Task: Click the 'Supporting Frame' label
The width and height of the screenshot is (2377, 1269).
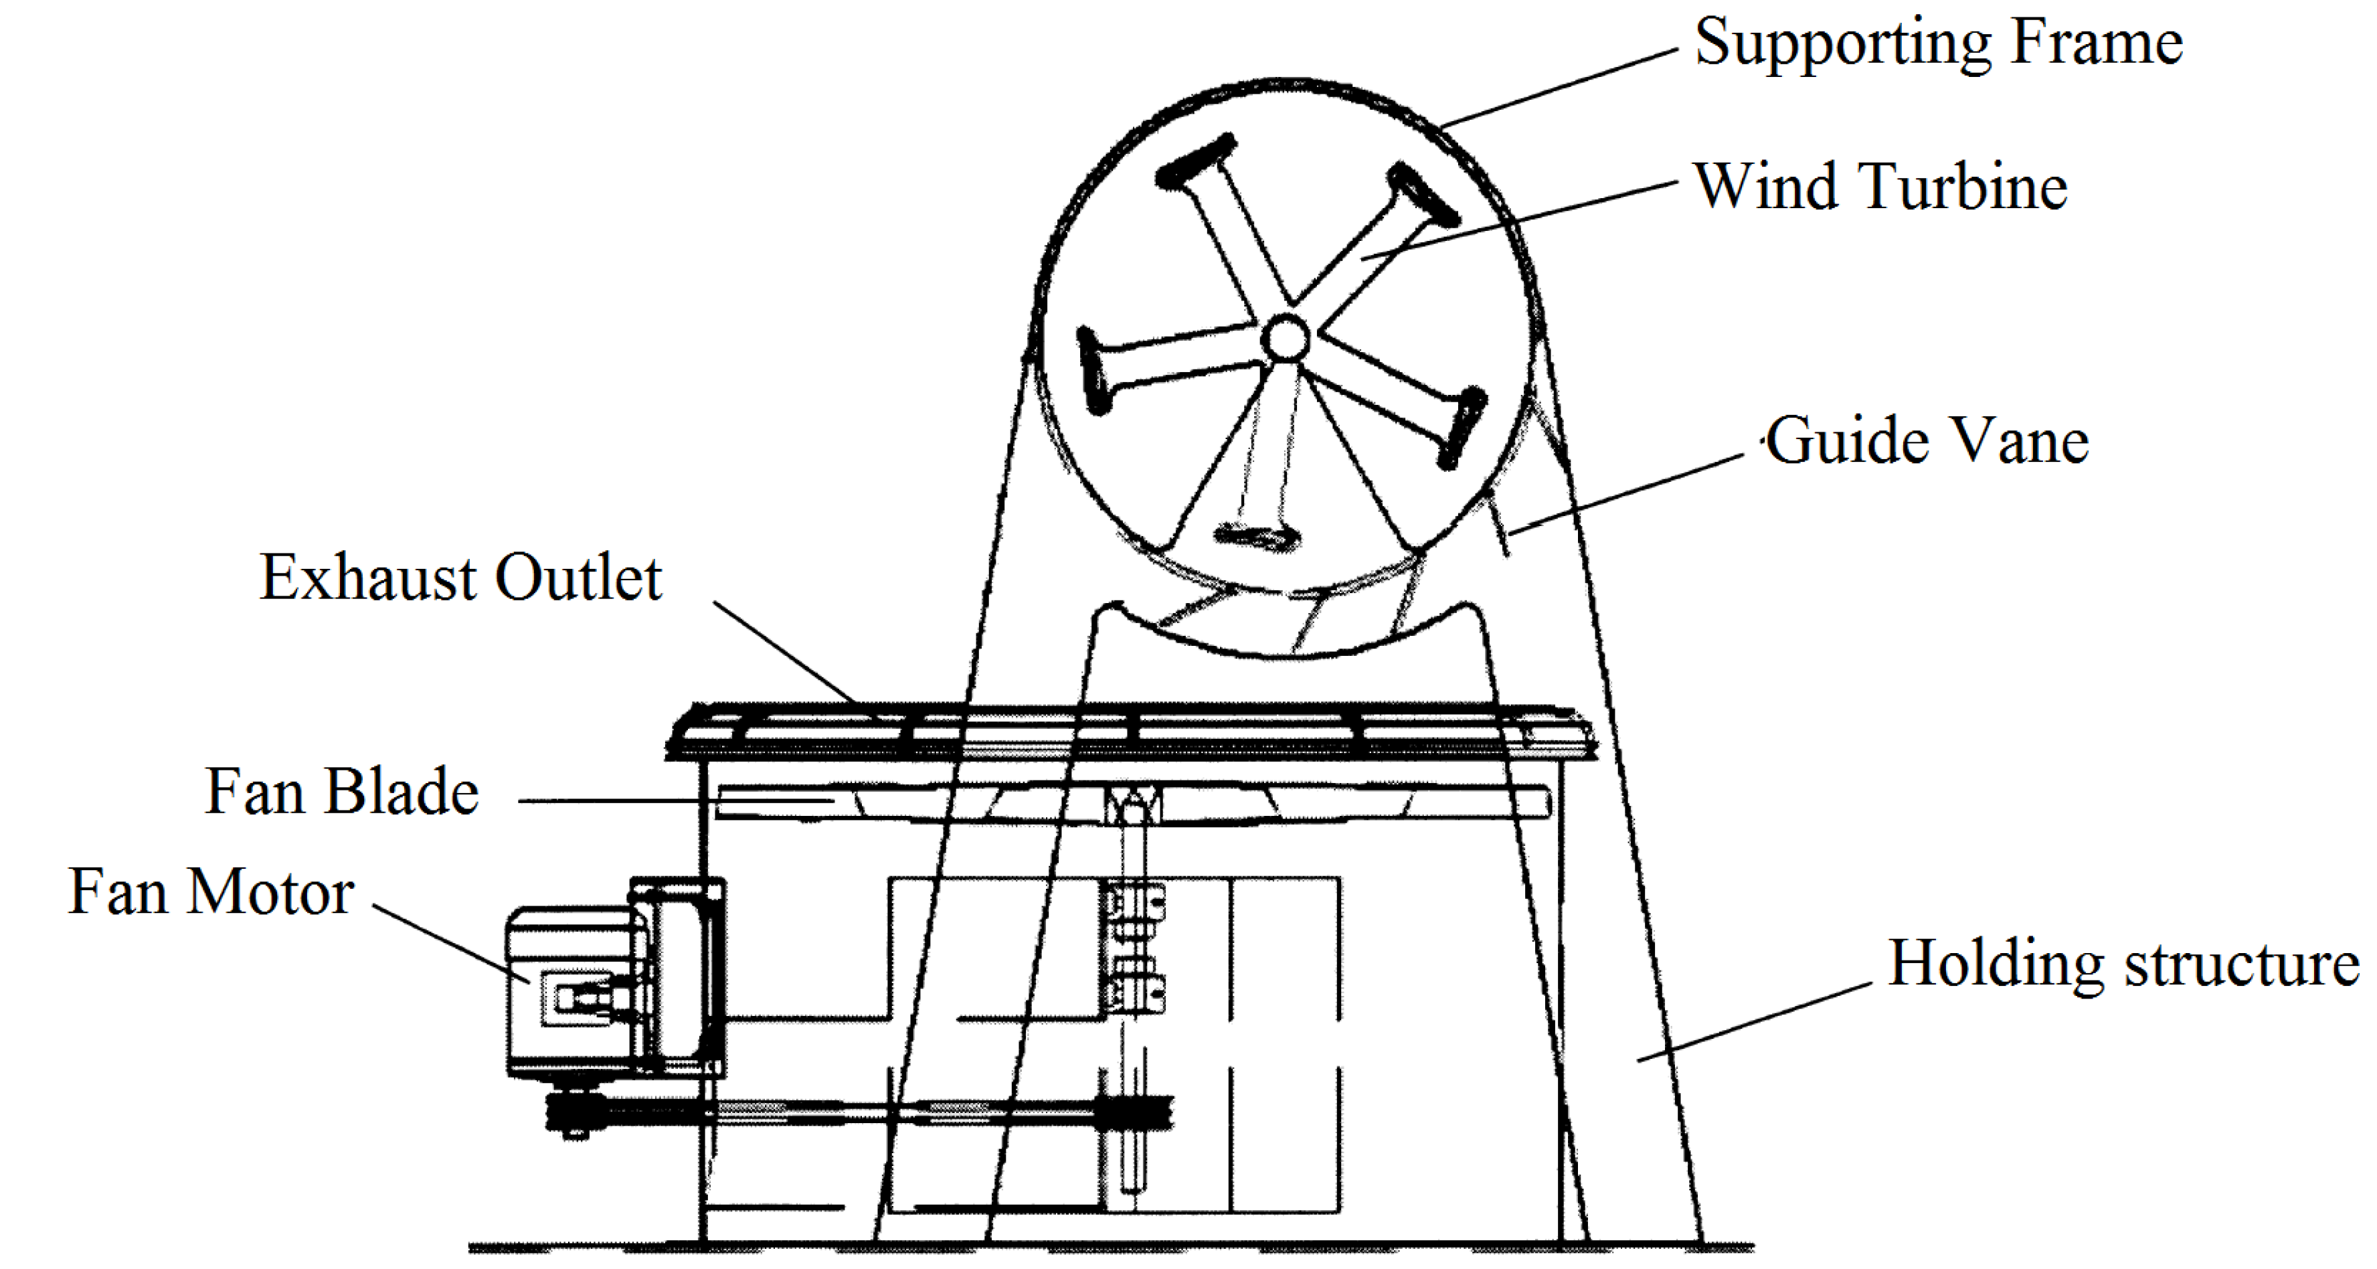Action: click(x=1938, y=44)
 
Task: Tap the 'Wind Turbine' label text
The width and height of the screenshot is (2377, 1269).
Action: click(x=1880, y=187)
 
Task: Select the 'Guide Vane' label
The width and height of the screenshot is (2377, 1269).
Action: click(x=1927, y=441)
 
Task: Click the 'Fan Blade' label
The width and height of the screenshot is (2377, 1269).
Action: click(x=341, y=792)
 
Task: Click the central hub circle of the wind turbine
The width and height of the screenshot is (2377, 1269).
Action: click(x=1284, y=339)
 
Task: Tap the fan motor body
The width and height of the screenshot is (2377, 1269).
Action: click(x=572, y=992)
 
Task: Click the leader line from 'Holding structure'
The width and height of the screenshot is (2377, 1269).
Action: click(x=1753, y=1023)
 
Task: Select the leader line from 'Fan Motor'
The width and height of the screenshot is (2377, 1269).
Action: click(x=452, y=944)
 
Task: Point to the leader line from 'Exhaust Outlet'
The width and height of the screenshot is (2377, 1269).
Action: click(x=784, y=653)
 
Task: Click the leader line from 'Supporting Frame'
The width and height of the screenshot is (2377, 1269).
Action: click(x=1559, y=88)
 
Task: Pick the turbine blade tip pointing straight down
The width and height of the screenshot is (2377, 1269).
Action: click(x=1255, y=536)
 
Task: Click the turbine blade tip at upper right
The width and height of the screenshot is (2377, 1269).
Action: click(x=1425, y=195)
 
